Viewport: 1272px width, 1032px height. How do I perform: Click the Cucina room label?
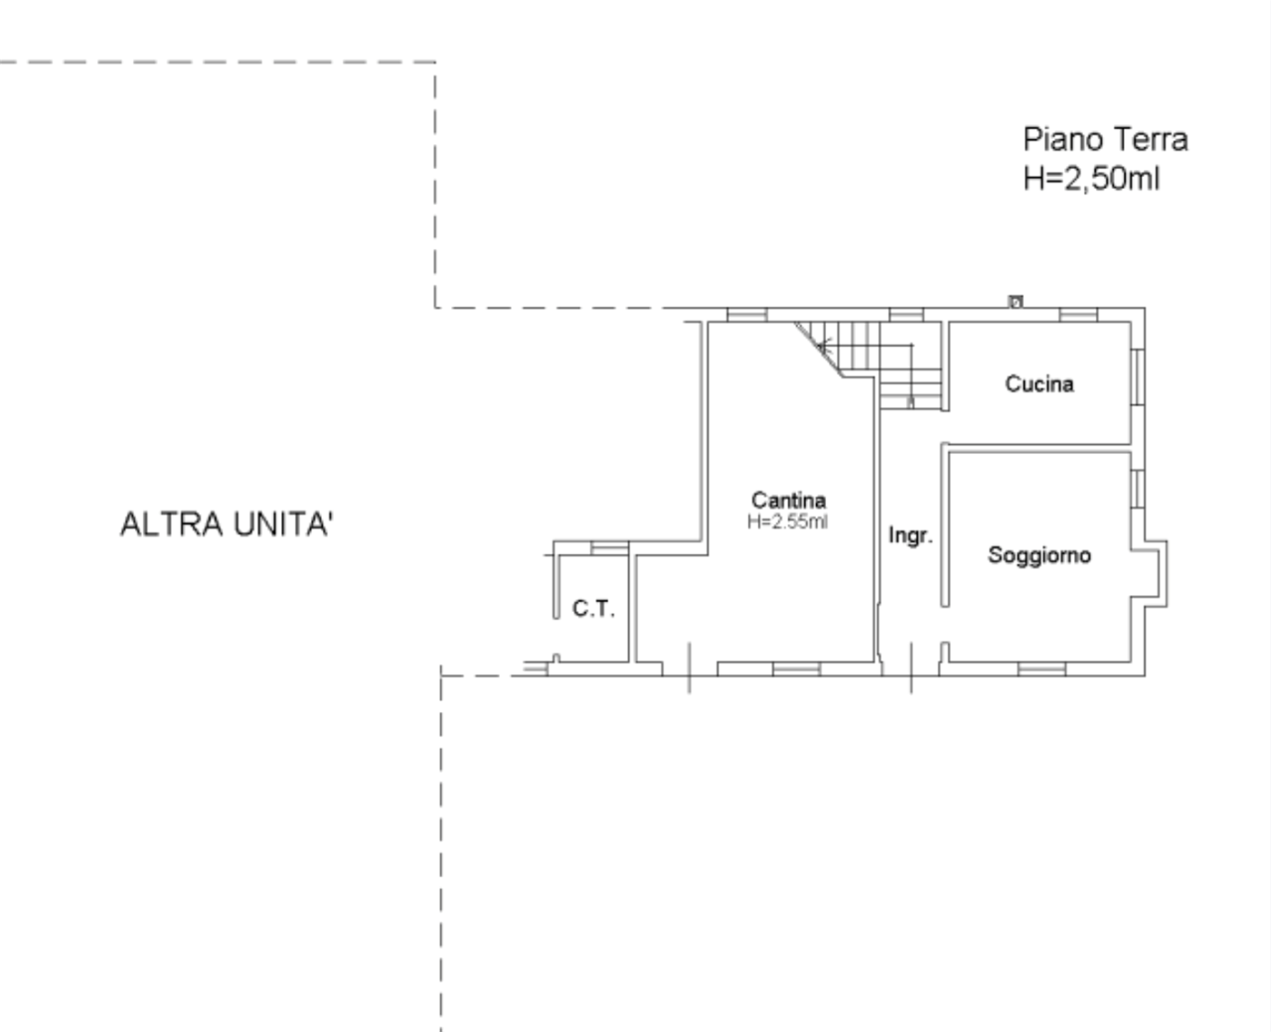coord(1039,383)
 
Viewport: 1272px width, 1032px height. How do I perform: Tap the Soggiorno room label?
coord(1039,555)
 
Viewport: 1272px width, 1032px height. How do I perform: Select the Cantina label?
coord(788,500)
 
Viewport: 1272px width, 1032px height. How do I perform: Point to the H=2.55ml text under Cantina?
coord(787,521)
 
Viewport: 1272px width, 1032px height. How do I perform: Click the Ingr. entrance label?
coord(910,535)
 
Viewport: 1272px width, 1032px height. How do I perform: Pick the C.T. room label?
coord(593,608)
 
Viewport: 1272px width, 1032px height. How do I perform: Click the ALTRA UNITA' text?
coord(227,524)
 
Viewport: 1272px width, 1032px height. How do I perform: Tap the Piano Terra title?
coord(1105,140)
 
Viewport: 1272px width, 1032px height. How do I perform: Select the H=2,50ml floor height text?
coord(1091,179)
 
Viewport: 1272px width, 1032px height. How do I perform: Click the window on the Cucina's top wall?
coord(1078,315)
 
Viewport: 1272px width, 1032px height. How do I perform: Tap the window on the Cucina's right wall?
coord(1138,376)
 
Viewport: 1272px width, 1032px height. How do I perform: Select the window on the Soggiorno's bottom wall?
coord(1041,669)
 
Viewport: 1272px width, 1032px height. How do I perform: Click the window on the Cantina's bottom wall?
coord(797,669)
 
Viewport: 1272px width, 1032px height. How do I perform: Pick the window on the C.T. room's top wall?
coord(610,548)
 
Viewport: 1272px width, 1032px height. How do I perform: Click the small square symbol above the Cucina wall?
coord(1016,301)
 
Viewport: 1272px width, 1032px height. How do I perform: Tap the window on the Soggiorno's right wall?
coord(1138,489)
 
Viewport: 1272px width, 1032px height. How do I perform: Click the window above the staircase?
coord(906,315)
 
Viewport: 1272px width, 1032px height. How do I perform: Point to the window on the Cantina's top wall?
coord(746,315)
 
